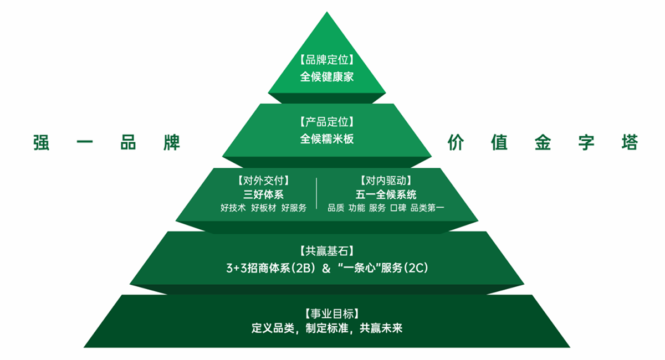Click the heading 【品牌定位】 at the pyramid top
[x=327, y=60]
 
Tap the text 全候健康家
[x=327, y=76]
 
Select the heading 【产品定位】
[x=327, y=122]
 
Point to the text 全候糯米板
[x=327, y=139]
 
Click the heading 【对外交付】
[x=263, y=181]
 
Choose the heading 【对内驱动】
[x=386, y=181]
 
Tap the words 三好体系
[x=263, y=195]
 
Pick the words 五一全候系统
[x=386, y=195]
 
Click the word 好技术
[x=233, y=208]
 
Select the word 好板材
[x=264, y=208]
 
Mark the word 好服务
[x=294, y=208]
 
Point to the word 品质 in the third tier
[x=336, y=208]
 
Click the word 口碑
[x=398, y=208]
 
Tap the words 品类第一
[x=427, y=208]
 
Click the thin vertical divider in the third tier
[x=316, y=193]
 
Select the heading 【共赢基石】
[x=327, y=251]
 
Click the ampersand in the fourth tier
[x=326, y=268]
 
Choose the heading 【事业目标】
[x=332, y=313]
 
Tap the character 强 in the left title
[x=41, y=142]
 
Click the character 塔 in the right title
[x=630, y=142]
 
